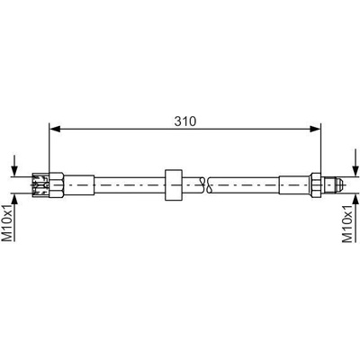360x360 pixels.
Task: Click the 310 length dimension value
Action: [185, 121]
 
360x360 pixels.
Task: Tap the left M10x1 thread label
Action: [8, 222]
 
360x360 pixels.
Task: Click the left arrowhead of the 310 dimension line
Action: [55, 129]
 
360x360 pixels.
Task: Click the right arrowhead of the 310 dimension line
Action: [315, 129]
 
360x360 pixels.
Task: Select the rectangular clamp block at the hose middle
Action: [174, 185]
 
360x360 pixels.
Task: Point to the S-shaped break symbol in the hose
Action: [205, 184]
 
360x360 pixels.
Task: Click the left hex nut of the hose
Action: [57, 184]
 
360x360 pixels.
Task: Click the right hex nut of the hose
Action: [316, 184]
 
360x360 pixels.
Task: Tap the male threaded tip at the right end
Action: [333, 184]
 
